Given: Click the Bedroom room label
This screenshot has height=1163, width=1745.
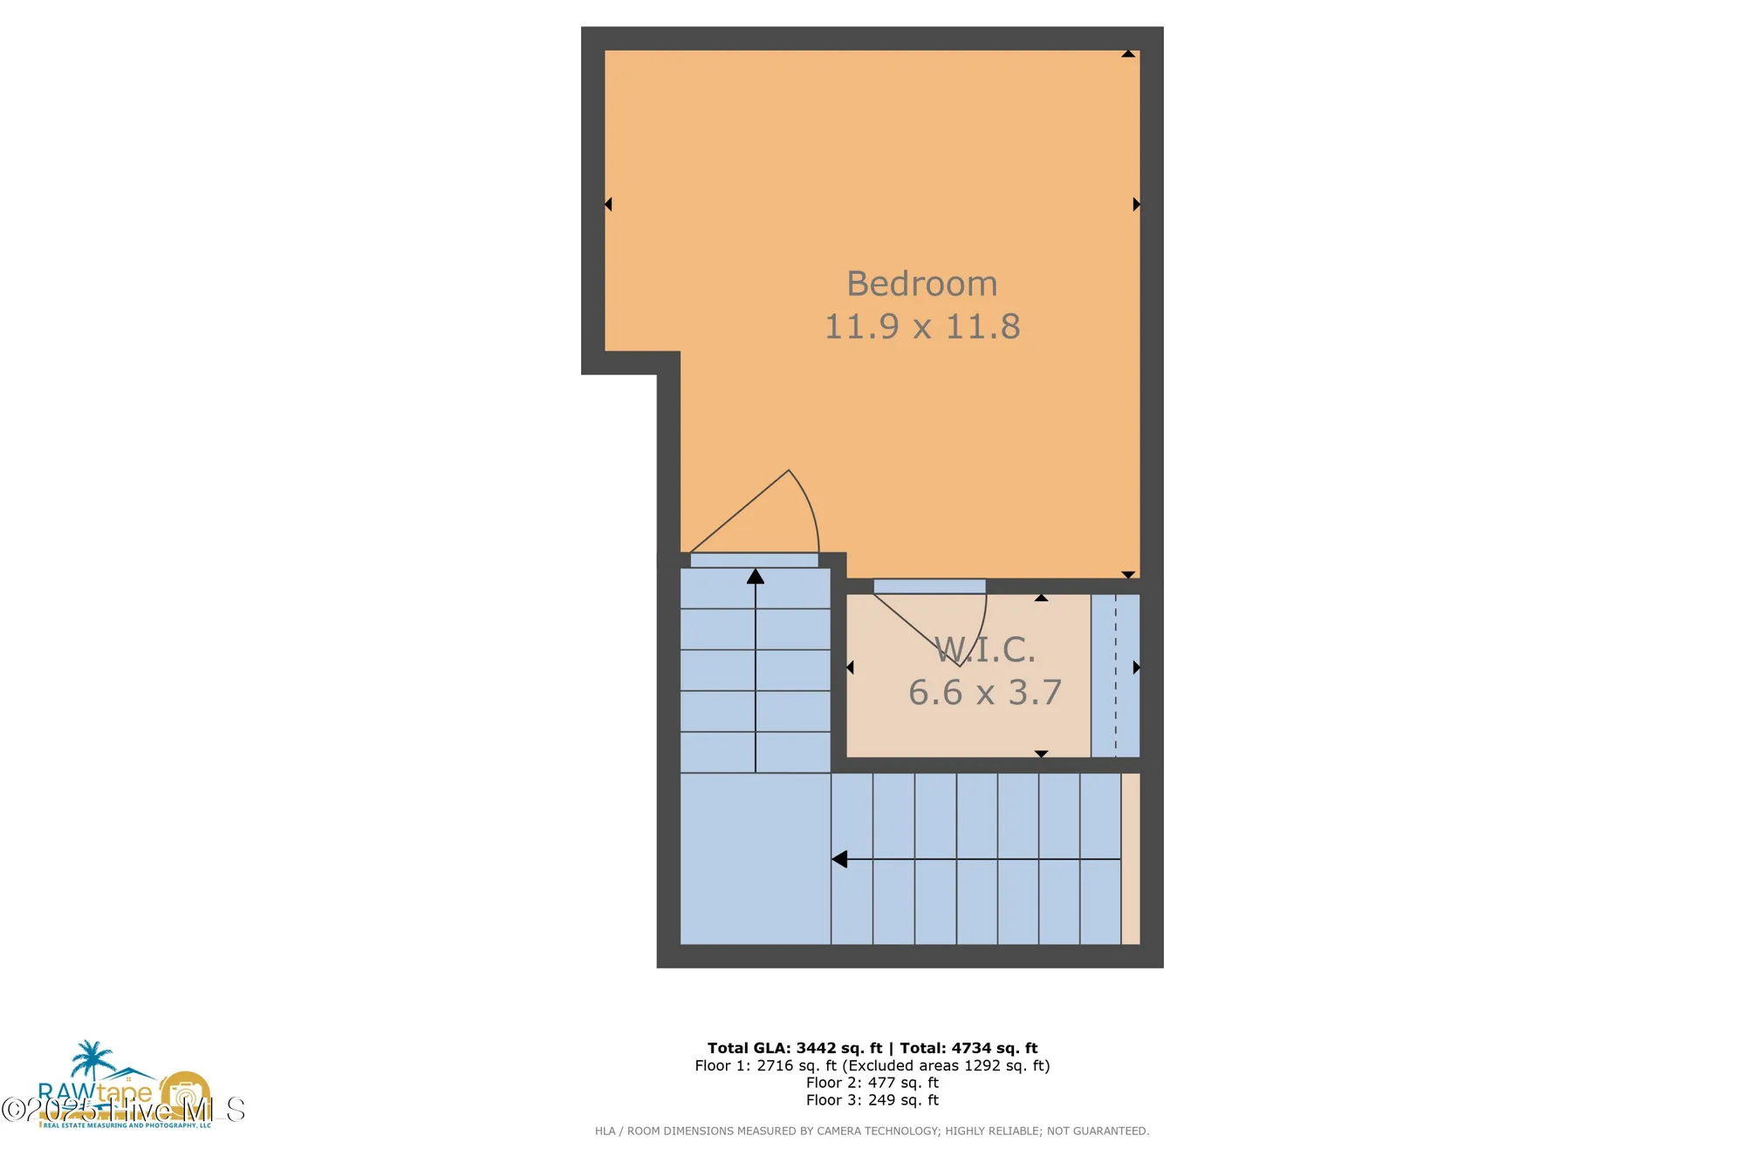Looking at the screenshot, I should coord(921,284).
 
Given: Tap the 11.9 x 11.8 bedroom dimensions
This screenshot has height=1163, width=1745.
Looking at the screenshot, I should coord(921,326).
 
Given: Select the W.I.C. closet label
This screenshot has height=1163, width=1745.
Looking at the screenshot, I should coord(984,649).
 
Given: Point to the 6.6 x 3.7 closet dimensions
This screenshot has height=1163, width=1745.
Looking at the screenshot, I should coord(984,693).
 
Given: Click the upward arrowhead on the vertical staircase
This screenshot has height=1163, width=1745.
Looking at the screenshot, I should coord(756,577).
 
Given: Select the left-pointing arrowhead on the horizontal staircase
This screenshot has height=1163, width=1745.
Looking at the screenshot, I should coord(839,859).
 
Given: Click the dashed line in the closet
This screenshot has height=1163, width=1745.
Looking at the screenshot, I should coord(1115,676).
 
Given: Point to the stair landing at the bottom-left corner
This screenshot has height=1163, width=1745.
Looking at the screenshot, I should coord(755,859).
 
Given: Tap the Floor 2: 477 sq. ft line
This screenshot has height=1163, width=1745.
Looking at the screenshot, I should coord(872,1083).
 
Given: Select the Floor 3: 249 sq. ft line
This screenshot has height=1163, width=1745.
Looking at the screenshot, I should coord(872,1100).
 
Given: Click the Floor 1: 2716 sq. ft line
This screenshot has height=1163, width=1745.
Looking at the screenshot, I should coord(872,1065).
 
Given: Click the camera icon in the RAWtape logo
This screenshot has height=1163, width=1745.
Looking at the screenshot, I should coord(184,1093).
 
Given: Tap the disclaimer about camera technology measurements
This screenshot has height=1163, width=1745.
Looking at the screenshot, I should coord(872,1131).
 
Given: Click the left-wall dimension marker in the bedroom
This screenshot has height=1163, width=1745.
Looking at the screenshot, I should coord(608,204).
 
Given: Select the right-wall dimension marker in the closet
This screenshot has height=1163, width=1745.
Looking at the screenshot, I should coord(1136,667).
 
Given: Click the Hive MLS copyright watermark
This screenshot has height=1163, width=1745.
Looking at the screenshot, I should coord(123,1110).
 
